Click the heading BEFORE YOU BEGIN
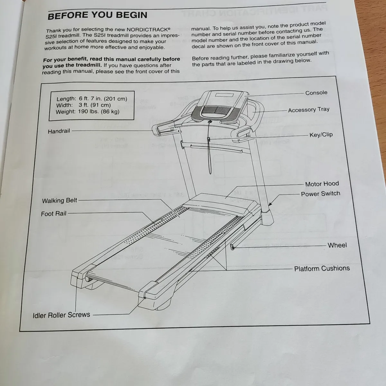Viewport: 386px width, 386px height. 97,15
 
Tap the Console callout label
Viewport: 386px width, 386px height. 316,93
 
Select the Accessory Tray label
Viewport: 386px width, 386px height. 308,110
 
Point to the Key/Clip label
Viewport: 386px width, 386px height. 321,135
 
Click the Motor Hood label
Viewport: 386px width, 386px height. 322,184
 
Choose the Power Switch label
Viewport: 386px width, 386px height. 320,194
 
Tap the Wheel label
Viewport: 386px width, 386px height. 337,245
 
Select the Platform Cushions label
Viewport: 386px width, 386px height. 322,268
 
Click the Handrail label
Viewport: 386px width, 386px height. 59,131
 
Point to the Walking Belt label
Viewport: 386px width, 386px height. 60,200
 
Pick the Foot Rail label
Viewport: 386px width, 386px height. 54,214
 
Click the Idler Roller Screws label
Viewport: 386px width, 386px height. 61,315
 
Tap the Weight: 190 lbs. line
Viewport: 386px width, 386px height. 87,112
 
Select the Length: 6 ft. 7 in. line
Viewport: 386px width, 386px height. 92,99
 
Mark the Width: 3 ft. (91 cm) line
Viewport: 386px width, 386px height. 83,105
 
